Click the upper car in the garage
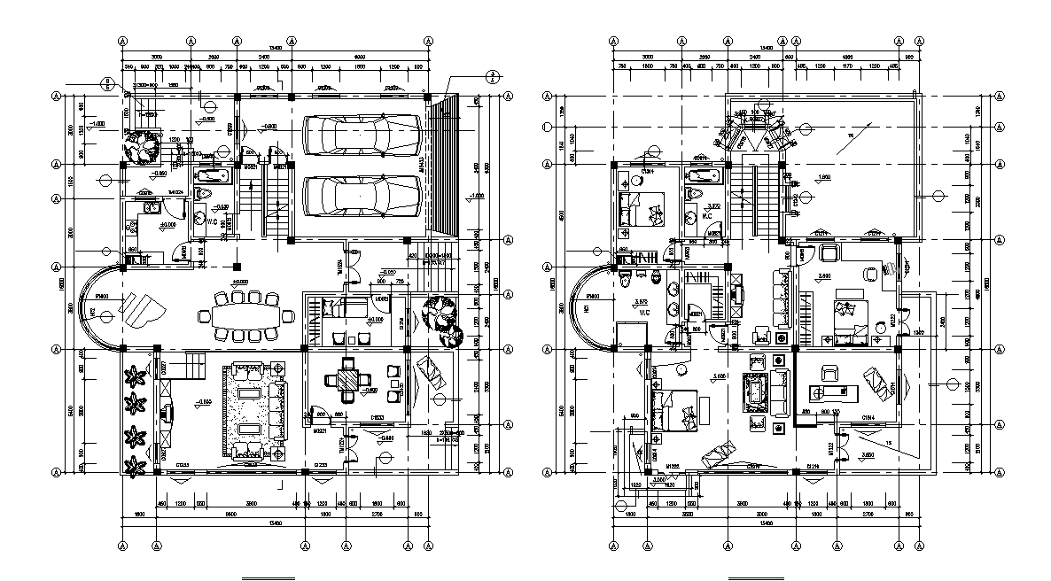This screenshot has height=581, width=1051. click(x=361, y=136)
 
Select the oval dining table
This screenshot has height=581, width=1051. click(x=245, y=316)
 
